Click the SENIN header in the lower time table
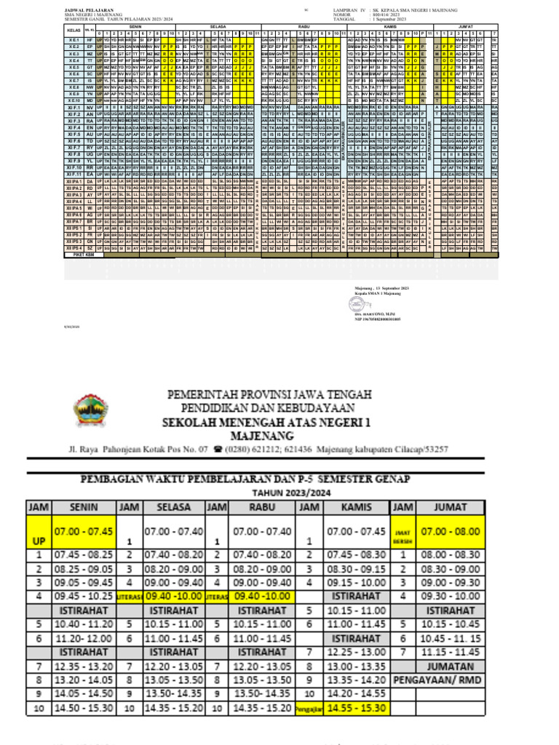tap(90, 506)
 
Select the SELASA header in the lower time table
tap(174, 506)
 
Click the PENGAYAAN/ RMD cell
tap(440, 680)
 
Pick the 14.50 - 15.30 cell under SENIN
tap(90, 707)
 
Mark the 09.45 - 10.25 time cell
tap(90, 596)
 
